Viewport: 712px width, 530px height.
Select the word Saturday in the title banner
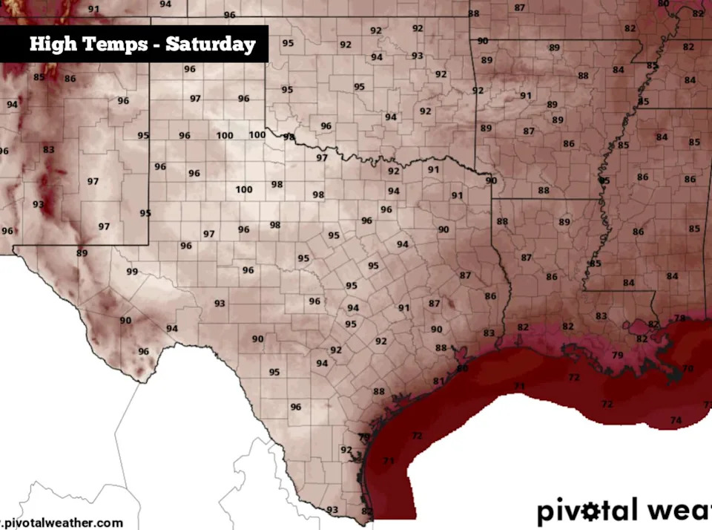point(210,44)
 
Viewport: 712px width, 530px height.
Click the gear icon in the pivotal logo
point(591,511)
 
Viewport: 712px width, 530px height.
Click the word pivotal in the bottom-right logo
point(586,511)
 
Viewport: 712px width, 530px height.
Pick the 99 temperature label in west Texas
point(132,272)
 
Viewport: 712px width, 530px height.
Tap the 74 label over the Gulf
point(675,420)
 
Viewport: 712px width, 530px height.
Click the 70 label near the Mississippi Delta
point(688,369)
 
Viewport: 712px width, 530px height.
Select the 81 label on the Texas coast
point(438,382)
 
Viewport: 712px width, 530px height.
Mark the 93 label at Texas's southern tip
point(332,509)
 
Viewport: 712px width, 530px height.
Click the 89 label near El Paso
point(82,253)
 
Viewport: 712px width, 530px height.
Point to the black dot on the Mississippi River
point(601,180)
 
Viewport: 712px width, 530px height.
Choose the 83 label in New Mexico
point(48,149)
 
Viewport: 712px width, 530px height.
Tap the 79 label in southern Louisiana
point(617,356)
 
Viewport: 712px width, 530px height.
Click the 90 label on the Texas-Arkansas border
point(491,180)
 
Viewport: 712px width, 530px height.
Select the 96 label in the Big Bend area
point(143,351)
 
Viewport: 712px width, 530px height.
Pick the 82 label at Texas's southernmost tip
point(366,511)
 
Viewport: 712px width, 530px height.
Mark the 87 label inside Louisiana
point(527,258)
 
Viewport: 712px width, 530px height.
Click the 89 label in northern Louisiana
point(564,222)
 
